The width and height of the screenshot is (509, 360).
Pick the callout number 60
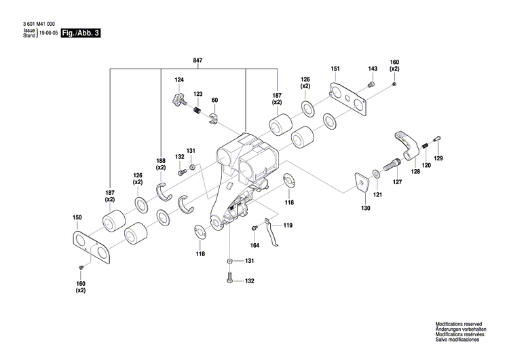point(214,100)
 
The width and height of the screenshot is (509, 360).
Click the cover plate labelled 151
point(350,97)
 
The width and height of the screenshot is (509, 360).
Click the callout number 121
point(378,195)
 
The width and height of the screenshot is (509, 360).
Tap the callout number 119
point(288,225)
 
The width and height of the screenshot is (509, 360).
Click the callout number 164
point(255,245)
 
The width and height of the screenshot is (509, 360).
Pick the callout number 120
point(426,165)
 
